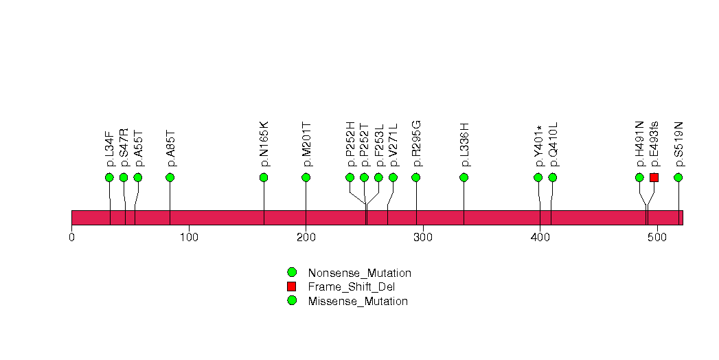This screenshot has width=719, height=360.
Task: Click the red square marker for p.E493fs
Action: click(x=654, y=177)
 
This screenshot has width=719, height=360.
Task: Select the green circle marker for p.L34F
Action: click(x=109, y=177)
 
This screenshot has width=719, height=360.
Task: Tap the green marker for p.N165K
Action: click(x=264, y=177)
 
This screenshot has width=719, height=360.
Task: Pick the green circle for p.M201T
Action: click(x=306, y=177)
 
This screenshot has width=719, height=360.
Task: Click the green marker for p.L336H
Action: click(x=464, y=177)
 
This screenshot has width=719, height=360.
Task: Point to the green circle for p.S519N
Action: click(x=678, y=177)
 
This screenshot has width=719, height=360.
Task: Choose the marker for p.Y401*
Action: click(x=538, y=177)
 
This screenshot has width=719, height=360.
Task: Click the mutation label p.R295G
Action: click(x=416, y=144)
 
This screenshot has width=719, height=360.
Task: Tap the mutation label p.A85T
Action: click(x=170, y=148)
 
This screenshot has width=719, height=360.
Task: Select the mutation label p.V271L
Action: click(x=393, y=145)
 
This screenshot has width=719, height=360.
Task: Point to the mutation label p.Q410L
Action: click(x=553, y=144)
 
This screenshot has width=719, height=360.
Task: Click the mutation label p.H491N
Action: click(x=640, y=144)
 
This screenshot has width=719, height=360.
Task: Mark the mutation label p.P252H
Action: click(x=350, y=144)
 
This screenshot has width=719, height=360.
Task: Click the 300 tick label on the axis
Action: click(x=423, y=238)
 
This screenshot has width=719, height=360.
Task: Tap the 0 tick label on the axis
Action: click(x=71, y=238)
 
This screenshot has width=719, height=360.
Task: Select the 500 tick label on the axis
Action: click(x=657, y=238)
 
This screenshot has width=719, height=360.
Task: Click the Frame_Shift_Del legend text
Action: click(x=351, y=287)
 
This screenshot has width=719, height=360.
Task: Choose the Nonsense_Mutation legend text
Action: click(x=360, y=273)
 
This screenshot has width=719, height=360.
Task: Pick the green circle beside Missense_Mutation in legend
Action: click(x=292, y=301)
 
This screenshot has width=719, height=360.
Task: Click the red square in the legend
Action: click(x=292, y=286)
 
